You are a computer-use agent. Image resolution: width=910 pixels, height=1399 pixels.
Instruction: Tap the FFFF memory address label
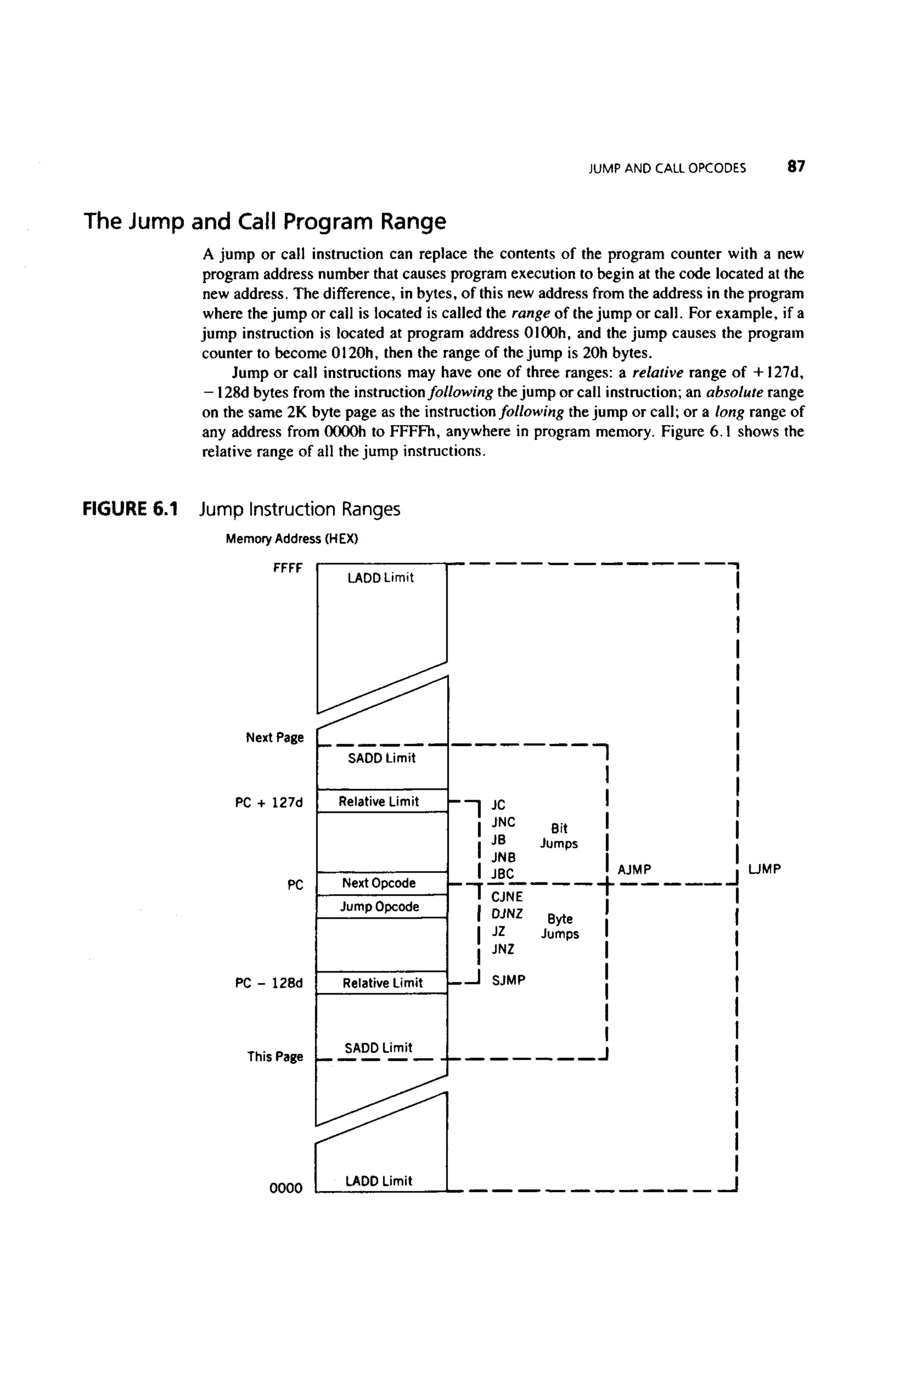coord(287,568)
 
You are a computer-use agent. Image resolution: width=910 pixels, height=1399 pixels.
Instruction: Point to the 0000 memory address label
coord(286,1188)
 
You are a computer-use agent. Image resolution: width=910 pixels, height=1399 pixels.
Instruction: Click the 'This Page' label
coord(275,1056)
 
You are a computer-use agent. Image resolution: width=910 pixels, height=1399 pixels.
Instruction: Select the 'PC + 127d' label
coord(269,802)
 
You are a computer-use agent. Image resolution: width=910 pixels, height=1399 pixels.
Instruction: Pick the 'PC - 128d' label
coord(269,983)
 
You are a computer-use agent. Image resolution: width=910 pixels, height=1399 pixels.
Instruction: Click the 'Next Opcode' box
coord(379,883)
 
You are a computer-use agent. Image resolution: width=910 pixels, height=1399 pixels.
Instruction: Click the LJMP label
coord(764,869)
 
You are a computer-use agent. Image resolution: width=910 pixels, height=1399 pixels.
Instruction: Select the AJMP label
coord(635,869)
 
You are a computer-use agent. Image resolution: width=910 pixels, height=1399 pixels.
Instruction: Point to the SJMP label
coord(508,980)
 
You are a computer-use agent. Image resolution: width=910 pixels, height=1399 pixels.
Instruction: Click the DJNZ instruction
coord(507,914)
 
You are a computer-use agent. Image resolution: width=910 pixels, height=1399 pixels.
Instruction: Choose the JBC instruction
coord(503,874)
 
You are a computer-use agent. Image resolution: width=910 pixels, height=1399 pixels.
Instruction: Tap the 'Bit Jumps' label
coord(559,836)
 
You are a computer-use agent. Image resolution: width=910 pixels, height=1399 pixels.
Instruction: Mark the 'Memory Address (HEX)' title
coord(291,538)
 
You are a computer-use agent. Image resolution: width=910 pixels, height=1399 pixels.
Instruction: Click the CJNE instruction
coord(507,897)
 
